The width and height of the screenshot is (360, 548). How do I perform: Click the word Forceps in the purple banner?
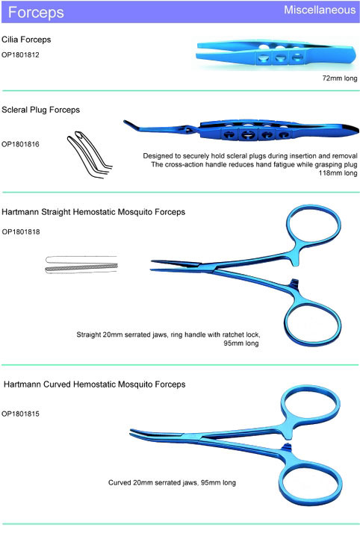point(36,13)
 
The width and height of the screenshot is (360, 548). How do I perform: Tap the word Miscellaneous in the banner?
point(320,10)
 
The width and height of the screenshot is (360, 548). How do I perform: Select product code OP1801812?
point(20,55)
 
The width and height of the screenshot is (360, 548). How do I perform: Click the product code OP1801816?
point(20,144)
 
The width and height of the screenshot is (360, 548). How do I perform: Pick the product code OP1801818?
point(21,231)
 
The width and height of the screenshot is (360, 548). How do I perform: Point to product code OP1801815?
point(20,414)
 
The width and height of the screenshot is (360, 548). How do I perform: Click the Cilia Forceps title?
point(26,40)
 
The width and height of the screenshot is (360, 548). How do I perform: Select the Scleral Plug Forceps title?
point(40,110)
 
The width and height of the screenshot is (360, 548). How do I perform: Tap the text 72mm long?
point(340,78)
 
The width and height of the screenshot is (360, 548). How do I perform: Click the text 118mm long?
point(338,173)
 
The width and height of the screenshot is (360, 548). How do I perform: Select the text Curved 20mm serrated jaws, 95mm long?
point(172,482)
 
